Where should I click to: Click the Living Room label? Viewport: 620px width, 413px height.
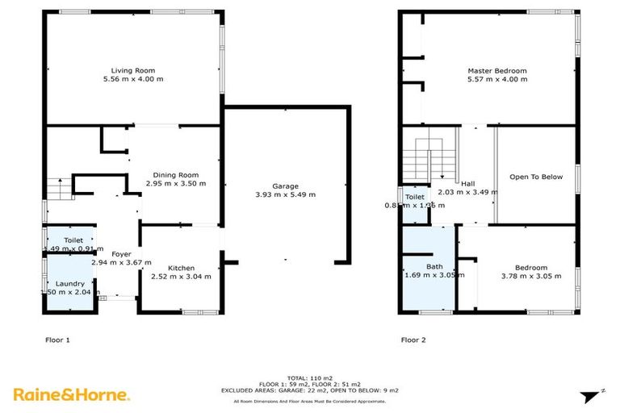pyautogui.click(x=132, y=70)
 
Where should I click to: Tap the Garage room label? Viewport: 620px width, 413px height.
pyautogui.click(x=285, y=186)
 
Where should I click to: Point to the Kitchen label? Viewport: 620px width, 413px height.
pyautogui.click(x=181, y=268)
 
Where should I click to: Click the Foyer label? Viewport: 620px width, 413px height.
pyautogui.click(x=121, y=253)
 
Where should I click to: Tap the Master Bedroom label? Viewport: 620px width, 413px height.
pyautogui.click(x=496, y=71)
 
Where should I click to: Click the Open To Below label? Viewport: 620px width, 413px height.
pyautogui.click(x=535, y=177)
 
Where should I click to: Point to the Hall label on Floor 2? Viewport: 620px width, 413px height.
pyautogui.click(x=467, y=183)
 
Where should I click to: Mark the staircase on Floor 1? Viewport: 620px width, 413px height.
pyautogui.click(x=56, y=190)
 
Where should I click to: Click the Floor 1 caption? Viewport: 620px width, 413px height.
pyautogui.click(x=57, y=340)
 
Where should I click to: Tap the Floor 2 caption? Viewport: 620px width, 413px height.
pyautogui.click(x=413, y=340)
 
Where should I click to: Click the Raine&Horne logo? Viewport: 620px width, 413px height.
pyautogui.click(x=71, y=394)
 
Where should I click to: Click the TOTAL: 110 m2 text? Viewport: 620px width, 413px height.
pyautogui.click(x=310, y=378)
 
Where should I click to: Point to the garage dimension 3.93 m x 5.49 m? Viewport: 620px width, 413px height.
pyautogui.click(x=285, y=194)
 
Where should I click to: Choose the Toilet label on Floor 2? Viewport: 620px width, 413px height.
pyautogui.click(x=414, y=197)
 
